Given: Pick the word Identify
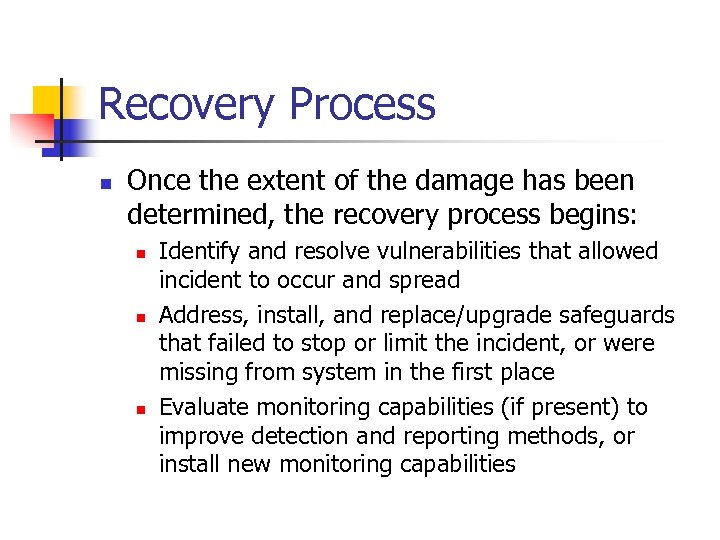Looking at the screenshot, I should point(199,251).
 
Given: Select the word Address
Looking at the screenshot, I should point(203,316).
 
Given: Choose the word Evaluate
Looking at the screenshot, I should point(204,408).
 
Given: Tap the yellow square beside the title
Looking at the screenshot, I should point(49,100).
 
